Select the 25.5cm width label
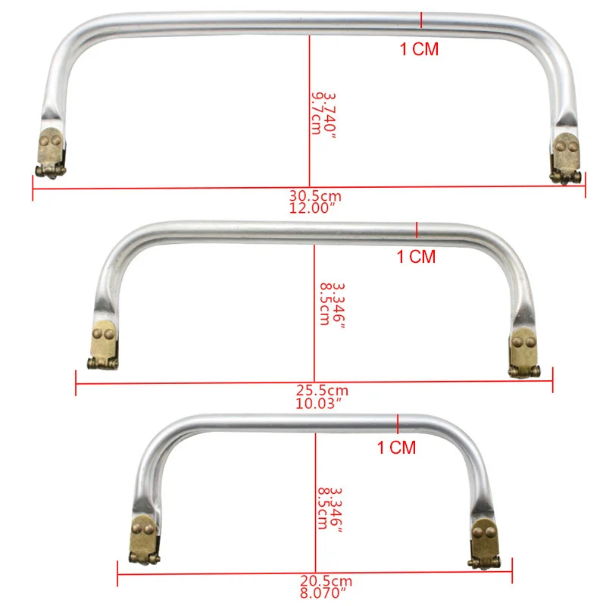pyautogui.click(x=322, y=391)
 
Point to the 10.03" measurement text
pyautogui.click(x=322, y=403)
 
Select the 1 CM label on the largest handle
pyautogui.click(x=419, y=50)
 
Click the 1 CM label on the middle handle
pyautogui.click(x=417, y=257)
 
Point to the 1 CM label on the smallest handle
pyautogui.click(x=397, y=448)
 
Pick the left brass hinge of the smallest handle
pyautogui.click(x=144, y=539)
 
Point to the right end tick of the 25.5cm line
pyautogui.click(x=552, y=380)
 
